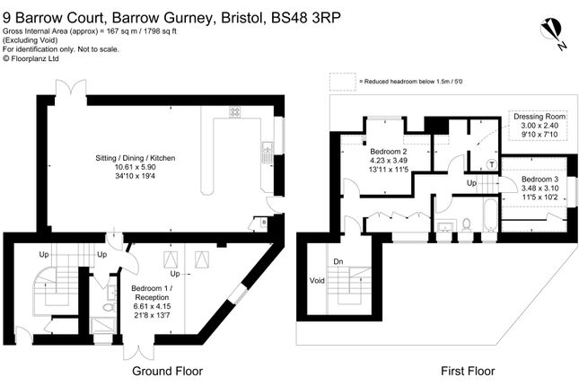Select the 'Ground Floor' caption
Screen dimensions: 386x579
[167, 371]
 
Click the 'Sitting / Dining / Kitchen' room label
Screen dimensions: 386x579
[135, 158]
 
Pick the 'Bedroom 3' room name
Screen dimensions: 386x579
[540, 180]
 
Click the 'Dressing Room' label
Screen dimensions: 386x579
[540, 118]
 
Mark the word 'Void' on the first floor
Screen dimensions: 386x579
[318, 279]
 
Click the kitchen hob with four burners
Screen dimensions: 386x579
[235, 112]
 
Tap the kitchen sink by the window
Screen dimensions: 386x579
[267, 153]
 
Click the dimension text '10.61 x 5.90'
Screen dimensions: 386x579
[135, 168]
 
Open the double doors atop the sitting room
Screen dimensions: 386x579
[66, 87]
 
